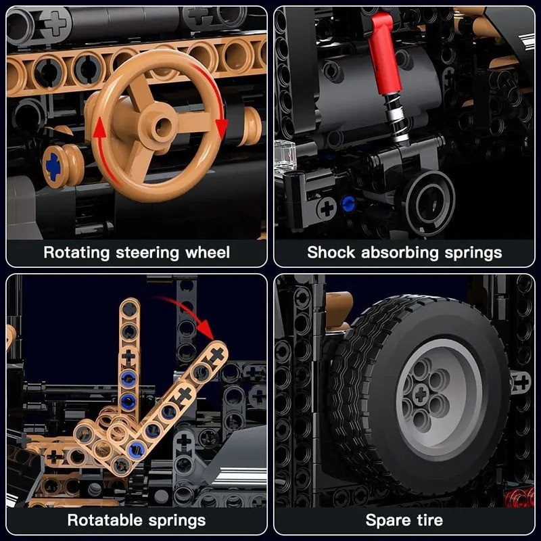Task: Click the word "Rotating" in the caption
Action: click(x=76, y=253)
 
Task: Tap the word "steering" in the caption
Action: click(x=147, y=253)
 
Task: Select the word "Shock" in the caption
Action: click(x=331, y=252)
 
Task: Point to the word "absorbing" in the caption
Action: click(x=400, y=253)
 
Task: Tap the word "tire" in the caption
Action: click(x=429, y=520)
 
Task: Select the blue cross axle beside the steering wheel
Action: click(x=53, y=166)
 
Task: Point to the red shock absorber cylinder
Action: click(x=384, y=53)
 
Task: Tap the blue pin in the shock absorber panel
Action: click(x=348, y=204)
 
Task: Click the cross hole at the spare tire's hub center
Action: click(x=421, y=394)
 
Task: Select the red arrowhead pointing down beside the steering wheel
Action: click(x=221, y=128)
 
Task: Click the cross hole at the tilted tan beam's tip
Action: click(x=217, y=354)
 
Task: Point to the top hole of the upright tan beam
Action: click(x=129, y=309)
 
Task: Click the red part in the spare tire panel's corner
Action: click(x=519, y=498)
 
